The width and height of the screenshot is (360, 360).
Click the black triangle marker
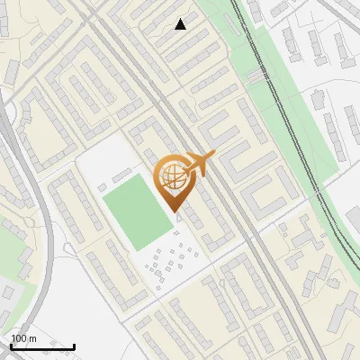click(181, 24)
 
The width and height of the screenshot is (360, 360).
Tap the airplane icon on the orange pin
click(201, 162)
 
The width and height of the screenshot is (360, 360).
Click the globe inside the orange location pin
click(172, 177)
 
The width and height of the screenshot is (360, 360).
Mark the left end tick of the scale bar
click(11, 345)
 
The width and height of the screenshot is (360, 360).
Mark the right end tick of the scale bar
click(74, 345)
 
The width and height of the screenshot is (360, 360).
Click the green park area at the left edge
click(11, 247)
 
